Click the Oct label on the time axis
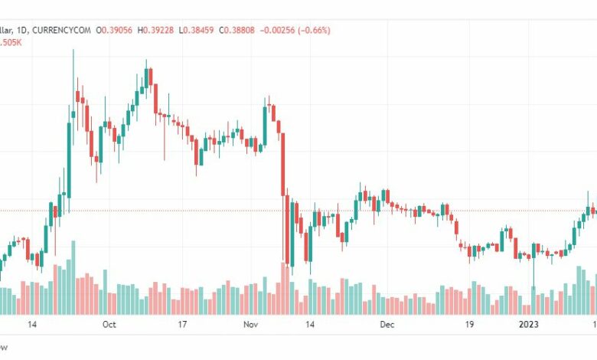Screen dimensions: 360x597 (x=109, y=325)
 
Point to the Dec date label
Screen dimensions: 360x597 (x=387, y=325)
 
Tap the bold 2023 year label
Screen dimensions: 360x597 (x=528, y=325)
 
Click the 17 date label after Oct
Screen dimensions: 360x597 (x=182, y=325)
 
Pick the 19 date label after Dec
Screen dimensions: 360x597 (x=469, y=325)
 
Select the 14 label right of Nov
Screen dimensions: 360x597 (x=310, y=325)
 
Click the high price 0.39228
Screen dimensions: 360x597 (x=156, y=30)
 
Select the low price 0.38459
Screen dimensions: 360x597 (x=198, y=30)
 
